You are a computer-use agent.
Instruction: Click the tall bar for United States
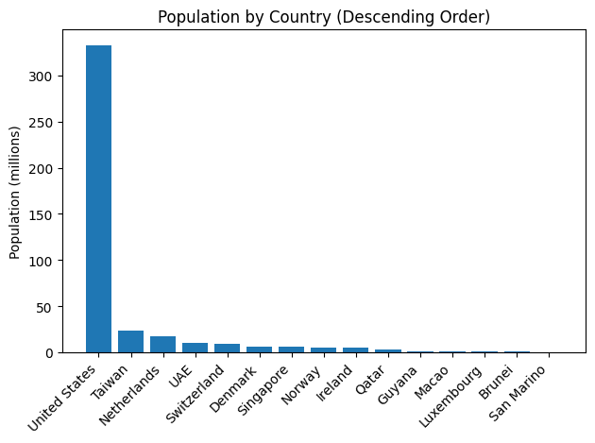tap(98, 199)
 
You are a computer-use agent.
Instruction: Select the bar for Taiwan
tap(131, 342)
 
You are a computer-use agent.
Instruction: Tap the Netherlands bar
tap(162, 345)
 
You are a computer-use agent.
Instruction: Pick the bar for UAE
tap(195, 348)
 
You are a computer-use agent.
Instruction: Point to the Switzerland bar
tap(227, 349)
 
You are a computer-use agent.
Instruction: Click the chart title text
tap(324, 17)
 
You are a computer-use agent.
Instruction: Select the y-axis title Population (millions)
tap(14, 193)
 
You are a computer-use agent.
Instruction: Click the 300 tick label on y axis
tap(41, 77)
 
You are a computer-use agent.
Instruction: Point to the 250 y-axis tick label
tap(41, 123)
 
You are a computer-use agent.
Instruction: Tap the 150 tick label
tap(41, 214)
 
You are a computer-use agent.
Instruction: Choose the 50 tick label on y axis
tap(44, 307)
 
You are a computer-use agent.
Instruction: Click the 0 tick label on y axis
tap(48, 353)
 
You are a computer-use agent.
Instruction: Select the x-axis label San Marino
tap(518, 394)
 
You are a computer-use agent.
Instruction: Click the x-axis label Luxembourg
tap(450, 397)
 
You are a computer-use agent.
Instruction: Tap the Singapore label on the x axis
tap(263, 391)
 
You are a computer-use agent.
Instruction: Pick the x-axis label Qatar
tap(370, 380)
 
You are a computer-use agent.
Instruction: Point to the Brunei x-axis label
tap(497, 383)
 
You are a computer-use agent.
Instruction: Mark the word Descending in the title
tap(389, 17)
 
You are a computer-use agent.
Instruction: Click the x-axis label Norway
tap(301, 385)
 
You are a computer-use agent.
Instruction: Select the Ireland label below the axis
tap(335, 383)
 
